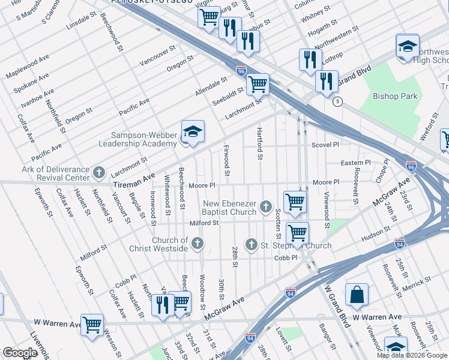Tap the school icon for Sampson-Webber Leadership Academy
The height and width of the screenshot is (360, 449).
[x=193, y=132]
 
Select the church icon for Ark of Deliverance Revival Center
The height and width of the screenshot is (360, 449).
[x=100, y=173]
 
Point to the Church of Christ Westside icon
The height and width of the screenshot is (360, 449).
[x=197, y=244]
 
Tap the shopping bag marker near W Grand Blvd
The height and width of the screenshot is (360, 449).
[x=357, y=295]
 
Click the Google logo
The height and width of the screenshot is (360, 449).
[x=20, y=353]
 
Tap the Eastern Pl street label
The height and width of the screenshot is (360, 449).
[x=356, y=163]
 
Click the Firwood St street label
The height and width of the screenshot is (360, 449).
[x=226, y=160]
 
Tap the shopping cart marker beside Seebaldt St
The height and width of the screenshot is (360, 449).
[x=258, y=84]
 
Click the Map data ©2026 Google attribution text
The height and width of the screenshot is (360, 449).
[x=412, y=355]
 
